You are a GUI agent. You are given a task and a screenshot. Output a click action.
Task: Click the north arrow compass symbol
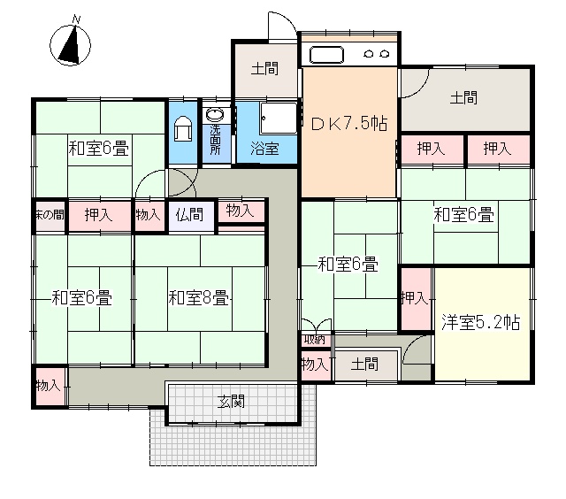pos(70,45)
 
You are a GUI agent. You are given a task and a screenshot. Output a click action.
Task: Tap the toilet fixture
pos(183,128)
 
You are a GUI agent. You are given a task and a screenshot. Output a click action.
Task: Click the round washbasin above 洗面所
pos(215,115)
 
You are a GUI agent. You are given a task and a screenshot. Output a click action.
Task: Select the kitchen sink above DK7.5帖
pos(326,55)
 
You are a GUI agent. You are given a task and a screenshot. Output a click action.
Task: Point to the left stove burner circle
pos(369,55)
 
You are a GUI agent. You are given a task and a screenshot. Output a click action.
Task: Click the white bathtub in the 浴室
pos(279,118)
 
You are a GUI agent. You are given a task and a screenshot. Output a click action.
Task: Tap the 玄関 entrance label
pos(232,401)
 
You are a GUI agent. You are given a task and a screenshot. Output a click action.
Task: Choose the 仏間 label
pos(189,214)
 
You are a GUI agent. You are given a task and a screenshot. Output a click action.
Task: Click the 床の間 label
pos(50,215)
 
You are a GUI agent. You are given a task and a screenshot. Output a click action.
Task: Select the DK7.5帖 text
pos(349,124)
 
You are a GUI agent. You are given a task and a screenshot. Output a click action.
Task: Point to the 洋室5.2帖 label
pos(480,322)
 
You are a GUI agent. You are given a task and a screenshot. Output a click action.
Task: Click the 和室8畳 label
pos(198,298)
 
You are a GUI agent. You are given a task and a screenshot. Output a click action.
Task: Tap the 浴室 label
pos(264,149)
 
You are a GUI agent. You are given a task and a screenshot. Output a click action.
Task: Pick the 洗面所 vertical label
pos(215,140)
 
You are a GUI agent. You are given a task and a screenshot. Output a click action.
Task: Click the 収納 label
pos(314,340)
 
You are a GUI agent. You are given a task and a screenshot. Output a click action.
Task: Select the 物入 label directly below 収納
pos(315,364)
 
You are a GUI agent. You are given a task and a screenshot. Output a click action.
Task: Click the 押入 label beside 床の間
pos(98,215)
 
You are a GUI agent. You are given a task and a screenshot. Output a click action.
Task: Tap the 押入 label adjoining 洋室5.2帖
pos(415,298)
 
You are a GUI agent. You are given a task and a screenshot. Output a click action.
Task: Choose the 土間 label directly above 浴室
pos(265,69)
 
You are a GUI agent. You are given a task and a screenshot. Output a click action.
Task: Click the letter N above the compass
pos(76,19)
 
